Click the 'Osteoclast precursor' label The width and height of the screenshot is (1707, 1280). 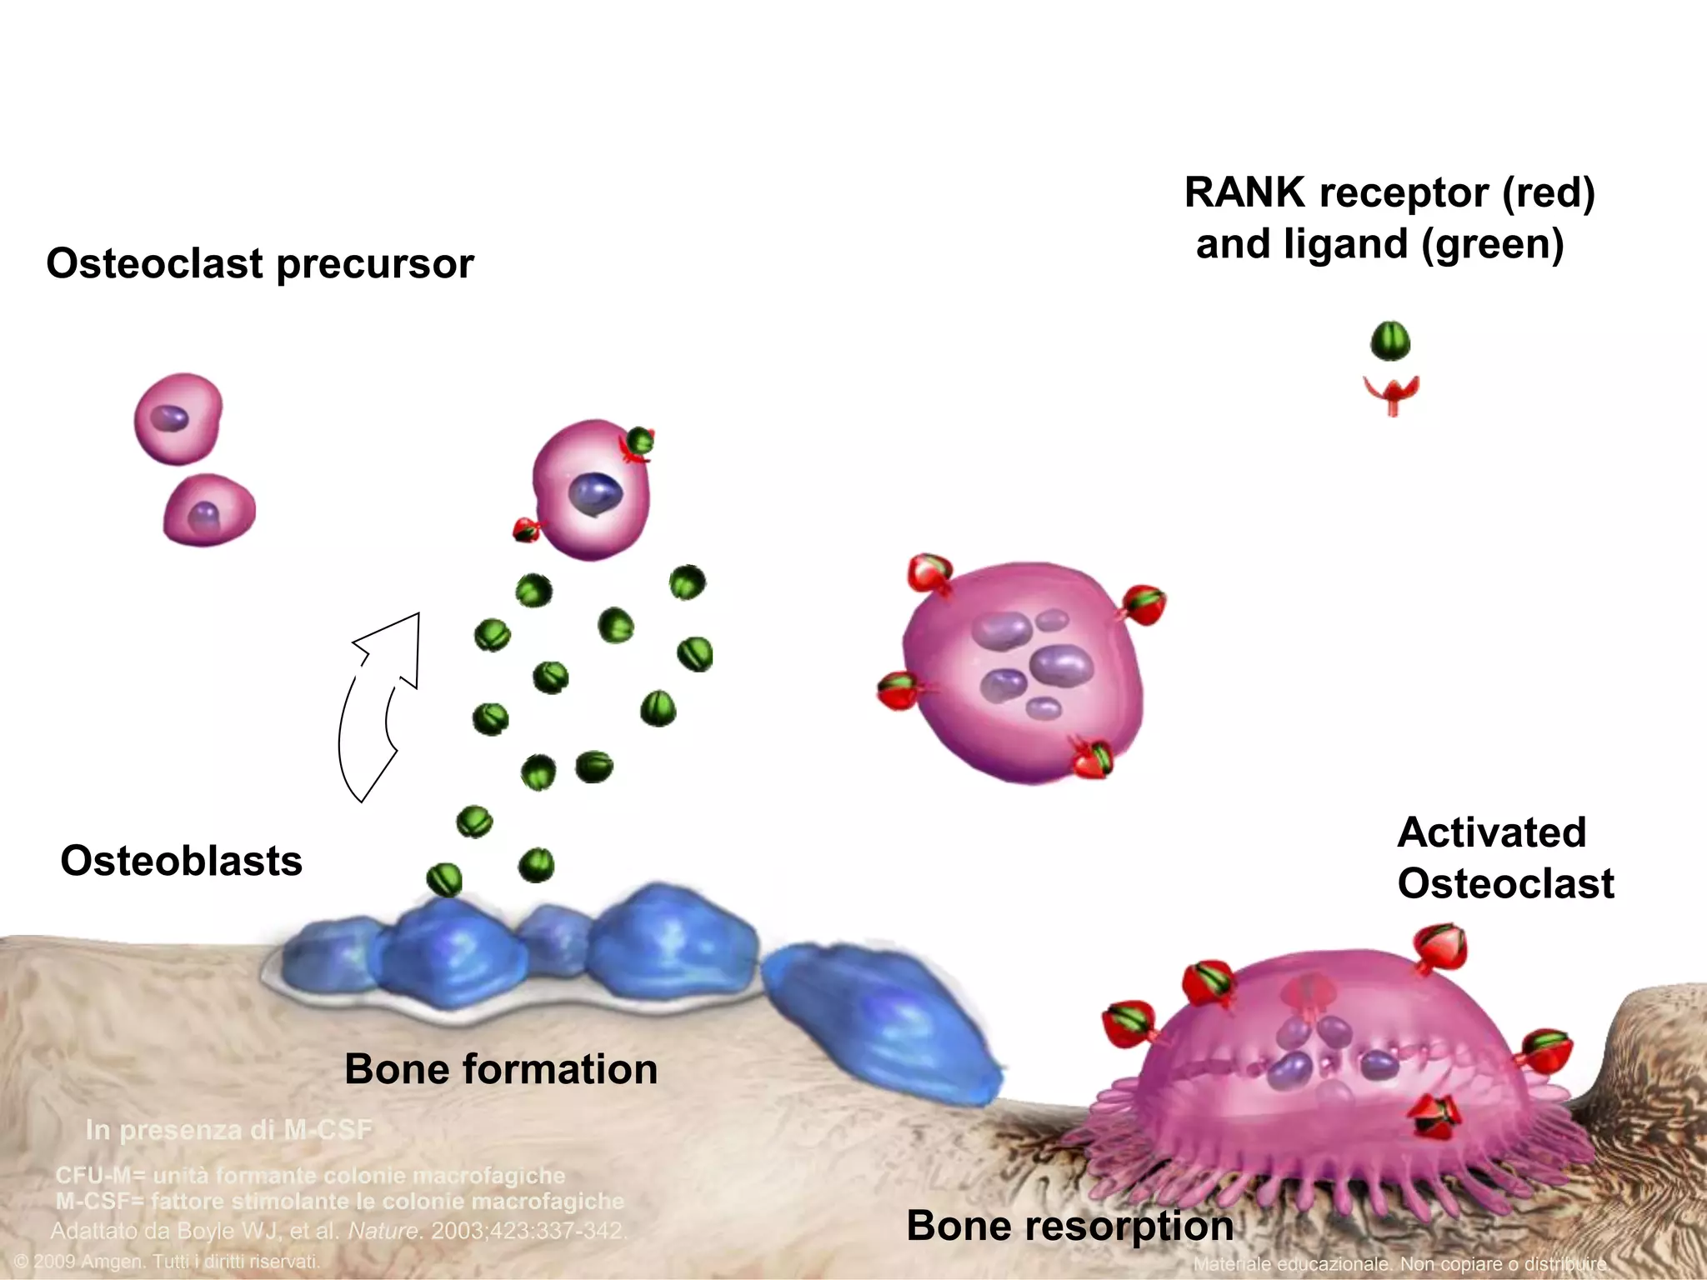(259, 264)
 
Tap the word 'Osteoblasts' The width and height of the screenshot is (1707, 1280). (181, 861)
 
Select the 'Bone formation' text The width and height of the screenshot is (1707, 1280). (501, 1069)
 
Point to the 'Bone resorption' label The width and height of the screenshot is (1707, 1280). (1069, 1226)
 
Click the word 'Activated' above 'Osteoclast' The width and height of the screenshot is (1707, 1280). (1491, 832)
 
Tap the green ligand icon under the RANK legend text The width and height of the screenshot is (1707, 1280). (1390, 341)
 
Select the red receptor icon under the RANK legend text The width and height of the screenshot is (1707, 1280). (1391, 394)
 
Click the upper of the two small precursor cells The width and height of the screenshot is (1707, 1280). (178, 418)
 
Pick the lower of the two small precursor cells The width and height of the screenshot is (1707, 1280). (209, 510)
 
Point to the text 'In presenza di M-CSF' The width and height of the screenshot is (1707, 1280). (228, 1130)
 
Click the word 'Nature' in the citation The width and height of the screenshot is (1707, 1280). (383, 1231)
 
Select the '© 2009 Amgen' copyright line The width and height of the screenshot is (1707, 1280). (167, 1262)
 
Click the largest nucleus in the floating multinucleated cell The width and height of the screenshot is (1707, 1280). (1061, 665)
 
